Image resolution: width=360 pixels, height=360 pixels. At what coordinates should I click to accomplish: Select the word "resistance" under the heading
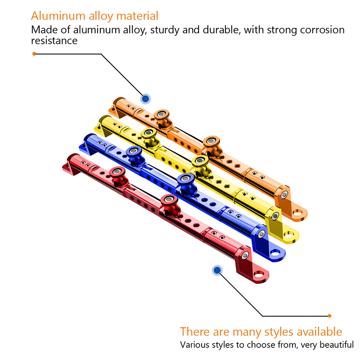(54, 40)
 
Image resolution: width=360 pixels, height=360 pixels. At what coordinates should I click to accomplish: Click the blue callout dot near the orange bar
(145, 99)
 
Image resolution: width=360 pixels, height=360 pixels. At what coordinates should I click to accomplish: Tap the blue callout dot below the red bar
(217, 270)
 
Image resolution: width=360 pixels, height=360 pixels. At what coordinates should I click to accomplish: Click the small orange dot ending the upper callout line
(34, 54)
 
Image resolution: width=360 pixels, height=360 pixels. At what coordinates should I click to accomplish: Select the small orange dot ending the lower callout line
(329, 315)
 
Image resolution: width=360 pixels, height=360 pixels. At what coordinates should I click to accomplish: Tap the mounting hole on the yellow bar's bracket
(290, 234)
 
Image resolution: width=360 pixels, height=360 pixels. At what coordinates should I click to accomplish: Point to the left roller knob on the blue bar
(132, 152)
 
